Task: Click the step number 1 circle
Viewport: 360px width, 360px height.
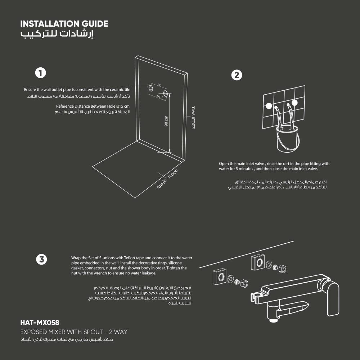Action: pos(40,73)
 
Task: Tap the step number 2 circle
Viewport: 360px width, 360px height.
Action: pos(237,75)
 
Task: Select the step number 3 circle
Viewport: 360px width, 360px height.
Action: pos(41,260)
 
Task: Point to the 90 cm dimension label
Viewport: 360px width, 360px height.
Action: pos(166,121)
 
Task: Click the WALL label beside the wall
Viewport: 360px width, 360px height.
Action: pos(193,111)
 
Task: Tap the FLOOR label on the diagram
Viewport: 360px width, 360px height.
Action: pos(173,174)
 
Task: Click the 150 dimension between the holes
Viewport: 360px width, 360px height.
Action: pos(159,85)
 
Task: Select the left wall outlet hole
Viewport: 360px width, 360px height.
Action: pos(151,88)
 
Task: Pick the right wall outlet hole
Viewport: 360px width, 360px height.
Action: pos(166,94)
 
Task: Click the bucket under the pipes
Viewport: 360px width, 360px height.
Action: pos(288,139)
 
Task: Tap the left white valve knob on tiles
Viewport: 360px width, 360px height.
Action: pos(269,106)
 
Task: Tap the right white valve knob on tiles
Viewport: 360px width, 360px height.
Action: pos(294,103)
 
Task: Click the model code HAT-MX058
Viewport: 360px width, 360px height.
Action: pos(40,323)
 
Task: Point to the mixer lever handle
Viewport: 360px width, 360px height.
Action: pos(333,298)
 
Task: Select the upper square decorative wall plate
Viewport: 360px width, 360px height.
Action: pos(258,262)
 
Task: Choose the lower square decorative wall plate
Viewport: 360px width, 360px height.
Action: pos(220,276)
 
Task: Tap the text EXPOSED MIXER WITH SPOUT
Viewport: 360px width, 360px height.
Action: pos(62,332)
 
